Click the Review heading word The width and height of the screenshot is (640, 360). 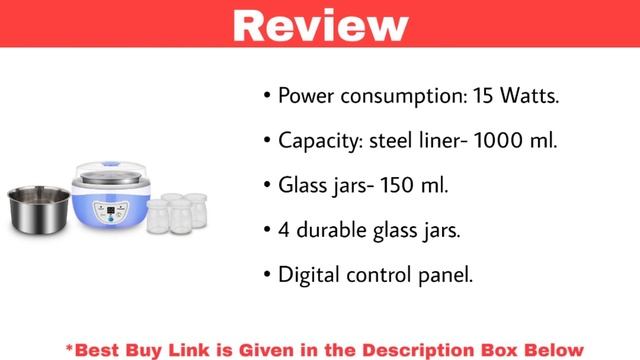(320, 24)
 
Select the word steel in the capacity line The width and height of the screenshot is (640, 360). (394, 141)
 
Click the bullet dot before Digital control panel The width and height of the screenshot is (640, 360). (267, 274)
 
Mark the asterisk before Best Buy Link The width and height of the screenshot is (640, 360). (70, 347)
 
